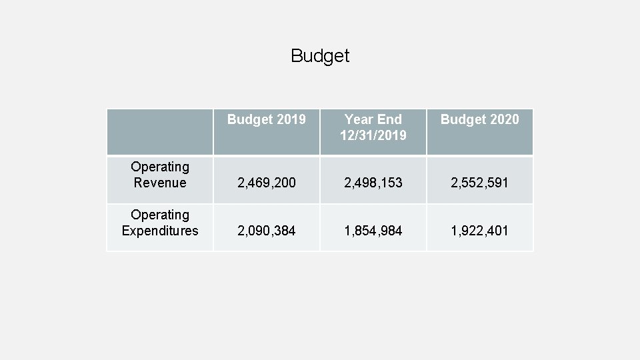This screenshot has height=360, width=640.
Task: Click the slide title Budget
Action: (320, 56)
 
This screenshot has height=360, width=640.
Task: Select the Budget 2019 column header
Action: (267, 119)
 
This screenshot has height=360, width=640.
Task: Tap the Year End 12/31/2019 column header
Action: (373, 127)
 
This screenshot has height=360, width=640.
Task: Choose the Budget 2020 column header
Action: (480, 119)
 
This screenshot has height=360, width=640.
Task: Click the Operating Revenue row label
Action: (160, 175)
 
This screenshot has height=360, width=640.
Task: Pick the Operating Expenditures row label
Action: (160, 223)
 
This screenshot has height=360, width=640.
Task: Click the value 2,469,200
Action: (267, 183)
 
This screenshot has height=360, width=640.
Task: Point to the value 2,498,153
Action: (373, 183)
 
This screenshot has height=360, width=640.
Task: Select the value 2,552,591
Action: (480, 183)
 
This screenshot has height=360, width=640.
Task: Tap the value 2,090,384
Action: (267, 231)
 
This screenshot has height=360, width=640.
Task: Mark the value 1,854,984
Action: (373, 231)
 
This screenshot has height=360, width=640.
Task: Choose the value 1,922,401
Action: (480, 231)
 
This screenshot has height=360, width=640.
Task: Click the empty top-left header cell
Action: (160, 132)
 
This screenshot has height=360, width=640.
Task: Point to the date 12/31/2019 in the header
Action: (373, 135)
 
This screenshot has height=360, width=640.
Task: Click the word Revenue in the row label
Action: (160, 183)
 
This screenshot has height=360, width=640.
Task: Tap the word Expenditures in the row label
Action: (160, 231)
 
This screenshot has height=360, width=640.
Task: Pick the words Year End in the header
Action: (373, 119)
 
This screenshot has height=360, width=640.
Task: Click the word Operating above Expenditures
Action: (160, 215)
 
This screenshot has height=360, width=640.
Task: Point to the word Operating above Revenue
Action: (160, 167)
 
